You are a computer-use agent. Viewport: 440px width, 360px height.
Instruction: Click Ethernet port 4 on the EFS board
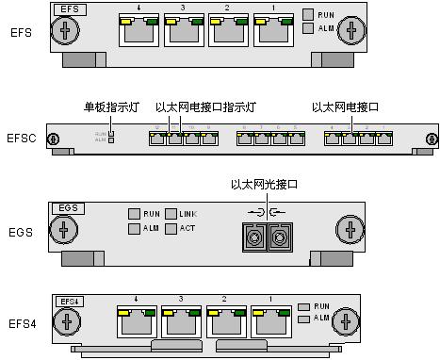(139, 33)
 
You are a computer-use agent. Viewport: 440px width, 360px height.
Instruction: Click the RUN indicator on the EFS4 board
(303, 306)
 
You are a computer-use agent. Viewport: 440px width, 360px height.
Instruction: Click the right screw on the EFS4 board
(348, 323)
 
